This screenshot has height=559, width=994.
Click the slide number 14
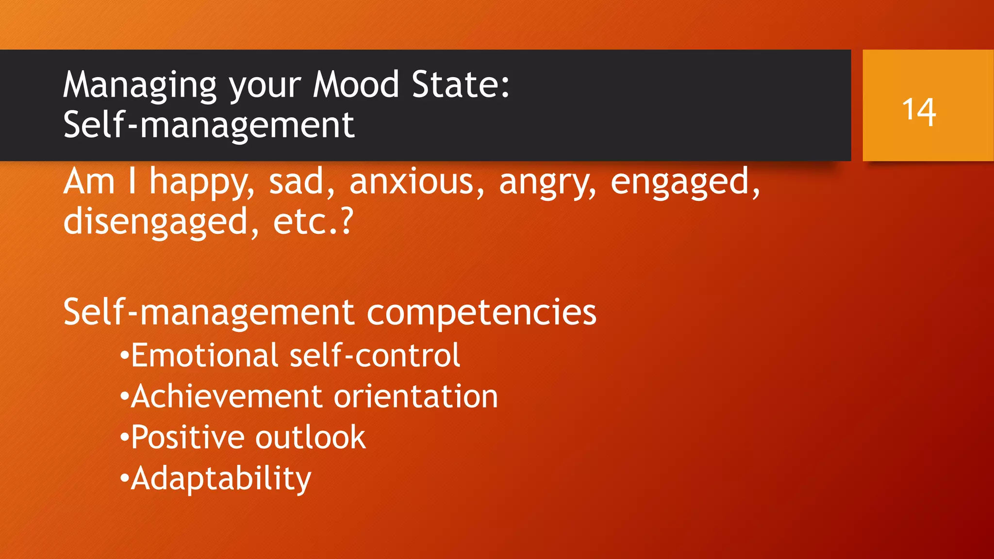[919, 112]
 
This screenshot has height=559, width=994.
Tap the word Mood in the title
[356, 84]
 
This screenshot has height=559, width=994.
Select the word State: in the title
[461, 84]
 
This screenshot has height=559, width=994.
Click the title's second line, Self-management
[209, 125]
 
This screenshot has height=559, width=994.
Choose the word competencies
[481, 313]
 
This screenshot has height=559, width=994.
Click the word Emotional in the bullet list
[204, 355]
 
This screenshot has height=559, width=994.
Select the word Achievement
[227, 396]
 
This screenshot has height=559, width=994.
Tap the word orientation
[416, 396]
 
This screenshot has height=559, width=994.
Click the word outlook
[311, 437]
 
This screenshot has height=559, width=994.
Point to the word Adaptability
[221, 479]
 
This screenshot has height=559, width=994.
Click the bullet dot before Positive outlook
[124, 438]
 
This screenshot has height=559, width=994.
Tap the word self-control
[375, 355]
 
